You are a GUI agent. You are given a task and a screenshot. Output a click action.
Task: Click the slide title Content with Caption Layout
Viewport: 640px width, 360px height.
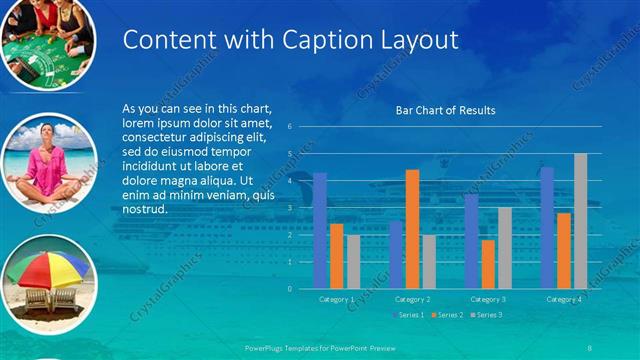[290, 40]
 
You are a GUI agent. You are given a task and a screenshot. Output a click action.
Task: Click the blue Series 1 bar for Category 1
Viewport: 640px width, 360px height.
[320, 231]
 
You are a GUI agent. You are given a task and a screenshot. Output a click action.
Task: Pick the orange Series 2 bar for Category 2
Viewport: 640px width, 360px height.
[412, 229]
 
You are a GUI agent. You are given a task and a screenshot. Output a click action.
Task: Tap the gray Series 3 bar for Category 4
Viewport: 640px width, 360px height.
[580, 221]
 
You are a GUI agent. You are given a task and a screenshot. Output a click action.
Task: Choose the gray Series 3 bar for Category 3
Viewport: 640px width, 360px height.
[504, 248]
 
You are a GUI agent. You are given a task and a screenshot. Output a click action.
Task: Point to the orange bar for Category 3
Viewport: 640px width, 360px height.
[488, 264]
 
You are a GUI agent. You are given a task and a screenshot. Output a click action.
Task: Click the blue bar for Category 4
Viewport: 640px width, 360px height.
[547, 228]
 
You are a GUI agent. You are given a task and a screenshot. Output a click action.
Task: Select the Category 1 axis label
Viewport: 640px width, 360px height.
[336, 299]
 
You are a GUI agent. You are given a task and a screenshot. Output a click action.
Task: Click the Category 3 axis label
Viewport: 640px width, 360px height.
[488, 299]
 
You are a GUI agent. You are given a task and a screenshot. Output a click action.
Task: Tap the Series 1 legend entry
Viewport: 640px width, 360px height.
[408, 315]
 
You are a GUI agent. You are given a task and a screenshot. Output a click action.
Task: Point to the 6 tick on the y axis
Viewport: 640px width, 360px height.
[289, 127]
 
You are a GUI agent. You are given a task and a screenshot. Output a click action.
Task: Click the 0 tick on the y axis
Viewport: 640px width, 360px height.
[289, 289]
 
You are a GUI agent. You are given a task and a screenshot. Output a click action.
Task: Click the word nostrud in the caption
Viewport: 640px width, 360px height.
[144, 210]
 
